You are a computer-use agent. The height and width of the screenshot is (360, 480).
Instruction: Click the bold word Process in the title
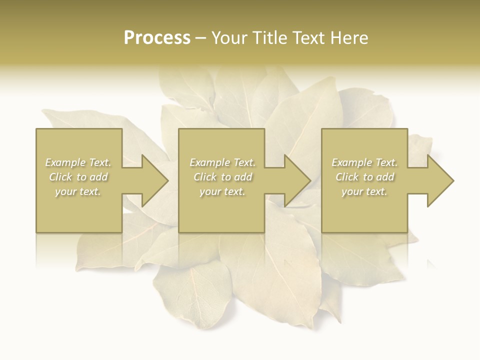pyautogui.click(x=157, y=38)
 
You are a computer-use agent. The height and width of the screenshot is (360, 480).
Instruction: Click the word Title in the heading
pyautogui.click(x=271, y=38)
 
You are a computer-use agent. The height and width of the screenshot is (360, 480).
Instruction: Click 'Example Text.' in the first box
pyautogui.click(x=78, y=162)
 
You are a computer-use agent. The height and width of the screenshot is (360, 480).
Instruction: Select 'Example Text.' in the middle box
pyautogui.click(x=222, y=162)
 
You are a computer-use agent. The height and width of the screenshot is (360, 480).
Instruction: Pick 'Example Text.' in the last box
pyautogui.click(x=364, y=162)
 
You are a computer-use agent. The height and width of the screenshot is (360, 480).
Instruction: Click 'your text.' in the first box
pyautogui.click(x=78, y=191)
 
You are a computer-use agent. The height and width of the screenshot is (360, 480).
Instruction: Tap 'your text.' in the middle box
pyautogui.click(x=222, y=191)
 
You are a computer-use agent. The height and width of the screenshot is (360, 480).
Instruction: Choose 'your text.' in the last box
pyautogui.click(x=364, y=191)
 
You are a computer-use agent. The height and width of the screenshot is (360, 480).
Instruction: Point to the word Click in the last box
pyautogui.click(x=347, y=177)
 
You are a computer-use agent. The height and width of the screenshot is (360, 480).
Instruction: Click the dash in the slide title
pyautogui.click(x=201, y=38)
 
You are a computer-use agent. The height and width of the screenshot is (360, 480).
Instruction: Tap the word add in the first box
pyautogui.click(x=99, y=177)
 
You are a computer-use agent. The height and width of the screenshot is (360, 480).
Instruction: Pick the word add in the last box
pyautogui.click(x=385, y=177)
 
